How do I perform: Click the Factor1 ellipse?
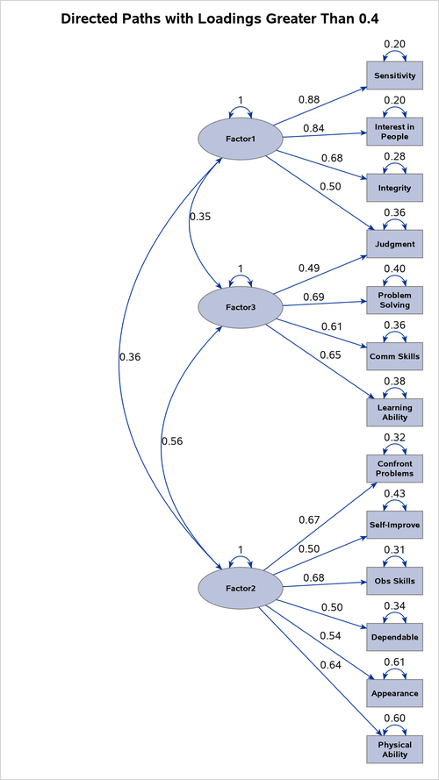point(240,139)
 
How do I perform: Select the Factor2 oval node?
point(240,587)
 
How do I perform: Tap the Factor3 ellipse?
point(240,307)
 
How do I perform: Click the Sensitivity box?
point(394,75)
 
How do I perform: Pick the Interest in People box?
point(394,132)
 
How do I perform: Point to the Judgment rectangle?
point(394,244)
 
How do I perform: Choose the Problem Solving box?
point(394,300)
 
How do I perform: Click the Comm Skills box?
point(394,356)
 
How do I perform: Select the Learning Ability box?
point(394,412)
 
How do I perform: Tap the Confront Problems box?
point(394,469)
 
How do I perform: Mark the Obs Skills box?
point(394,581)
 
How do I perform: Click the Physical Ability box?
point(394,748)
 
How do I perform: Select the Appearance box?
point(394,693)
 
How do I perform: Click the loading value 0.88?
point(309,99)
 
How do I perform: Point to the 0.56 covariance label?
point(172,441)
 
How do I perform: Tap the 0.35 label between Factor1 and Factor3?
point(200,216)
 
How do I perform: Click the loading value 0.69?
point(313,297)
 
